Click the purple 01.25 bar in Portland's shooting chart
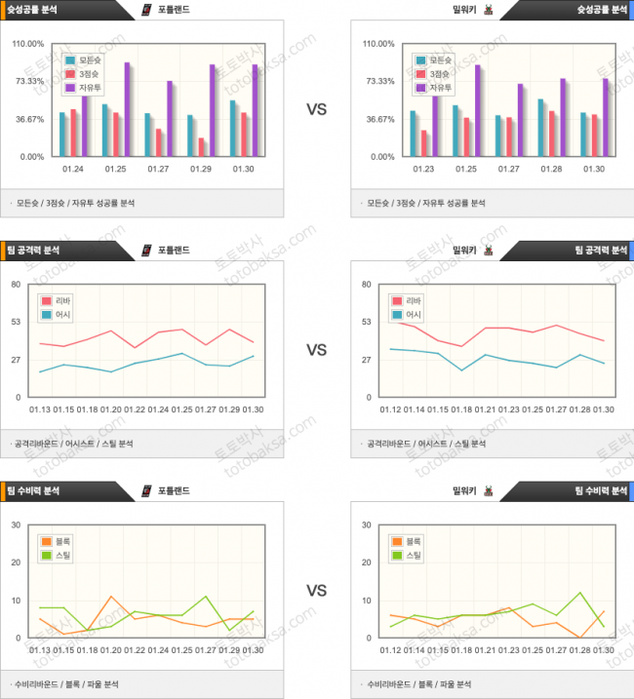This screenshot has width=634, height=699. pos(127,109)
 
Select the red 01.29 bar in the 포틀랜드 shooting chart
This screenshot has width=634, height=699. pos(201,146)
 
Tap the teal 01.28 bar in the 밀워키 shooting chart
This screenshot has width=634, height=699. pos(540,127)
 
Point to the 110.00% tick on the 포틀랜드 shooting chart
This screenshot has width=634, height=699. pos(27,44)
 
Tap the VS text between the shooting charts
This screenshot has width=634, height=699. pos(317,110)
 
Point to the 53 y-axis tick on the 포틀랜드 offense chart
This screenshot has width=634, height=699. pos(16,322)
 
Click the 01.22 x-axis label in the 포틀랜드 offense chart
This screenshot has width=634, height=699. pos(135,409)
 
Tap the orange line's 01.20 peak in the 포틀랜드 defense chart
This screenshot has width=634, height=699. pos(111,597)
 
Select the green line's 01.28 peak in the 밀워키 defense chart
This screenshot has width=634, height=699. pos(580,593)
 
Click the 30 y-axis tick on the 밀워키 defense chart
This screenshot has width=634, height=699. pos(366,525)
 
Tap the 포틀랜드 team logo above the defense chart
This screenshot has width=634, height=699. pos(147,490)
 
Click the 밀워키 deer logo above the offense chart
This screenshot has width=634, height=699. pos(488,251)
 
